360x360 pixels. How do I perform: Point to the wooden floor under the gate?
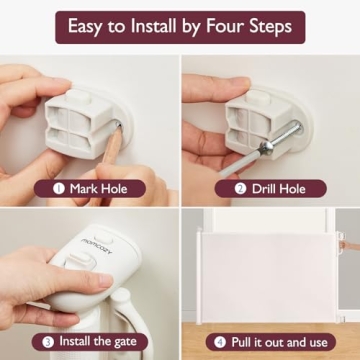[x=270, y=322]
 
